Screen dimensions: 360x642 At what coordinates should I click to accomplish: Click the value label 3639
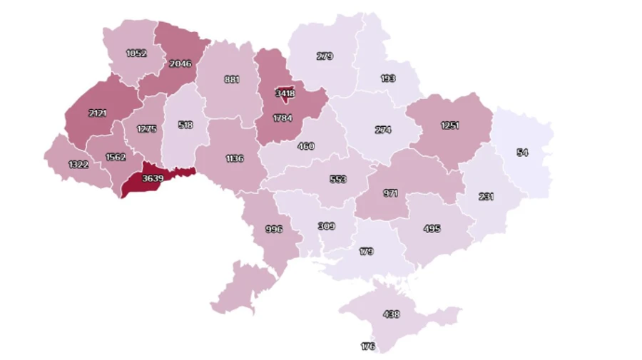[151, 179]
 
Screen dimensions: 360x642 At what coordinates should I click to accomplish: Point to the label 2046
[180, 63]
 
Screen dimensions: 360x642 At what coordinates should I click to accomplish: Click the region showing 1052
[136, 53]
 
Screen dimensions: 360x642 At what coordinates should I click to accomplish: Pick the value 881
[232, 79]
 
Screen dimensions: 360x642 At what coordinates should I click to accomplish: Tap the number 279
[325, 56]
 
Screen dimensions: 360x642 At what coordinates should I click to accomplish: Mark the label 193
[387, 78]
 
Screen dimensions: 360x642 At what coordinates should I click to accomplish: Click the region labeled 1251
[449, 125]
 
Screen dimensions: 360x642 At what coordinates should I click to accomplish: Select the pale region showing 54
[522, 153]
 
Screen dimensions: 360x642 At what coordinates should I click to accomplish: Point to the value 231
[486, 197]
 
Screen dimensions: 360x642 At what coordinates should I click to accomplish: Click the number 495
[432, 229]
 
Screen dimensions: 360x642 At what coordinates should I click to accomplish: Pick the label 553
[338, 180]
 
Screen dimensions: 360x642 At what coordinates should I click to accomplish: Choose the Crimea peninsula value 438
[391, 314]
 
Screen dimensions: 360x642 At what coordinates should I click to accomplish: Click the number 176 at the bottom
[368, 346]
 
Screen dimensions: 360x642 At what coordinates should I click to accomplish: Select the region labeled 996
[273, 229]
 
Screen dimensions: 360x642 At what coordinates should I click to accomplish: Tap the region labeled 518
[185, 125]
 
